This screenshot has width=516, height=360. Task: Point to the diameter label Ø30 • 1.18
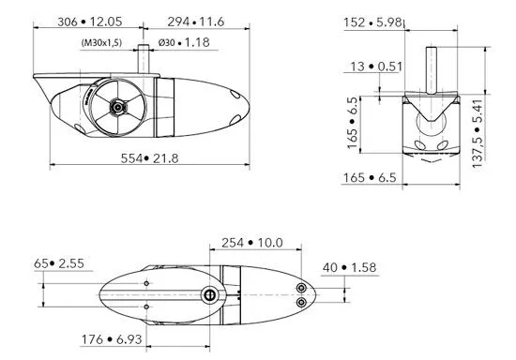point(184,42)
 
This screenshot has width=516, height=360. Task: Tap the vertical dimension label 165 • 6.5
point(353,127)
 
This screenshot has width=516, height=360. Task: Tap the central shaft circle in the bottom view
point(210,295)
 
